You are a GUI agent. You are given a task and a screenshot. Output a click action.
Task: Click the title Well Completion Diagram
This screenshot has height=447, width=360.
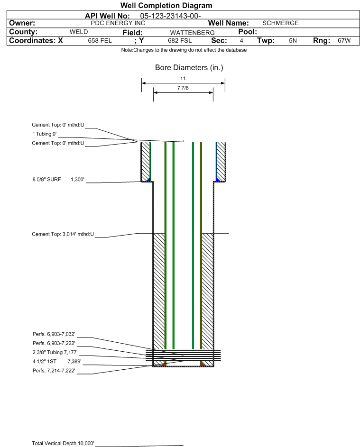[166, 5]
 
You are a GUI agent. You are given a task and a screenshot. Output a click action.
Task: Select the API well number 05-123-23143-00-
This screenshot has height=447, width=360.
[171, 16]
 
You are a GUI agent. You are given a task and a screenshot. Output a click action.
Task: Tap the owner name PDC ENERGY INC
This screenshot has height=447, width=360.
[118, 23]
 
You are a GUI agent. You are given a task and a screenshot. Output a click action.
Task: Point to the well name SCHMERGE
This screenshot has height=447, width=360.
[280, 23]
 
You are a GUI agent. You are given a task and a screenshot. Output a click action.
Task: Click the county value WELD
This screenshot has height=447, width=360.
[79, 32]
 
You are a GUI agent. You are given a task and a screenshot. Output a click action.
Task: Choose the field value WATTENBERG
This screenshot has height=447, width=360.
[192, 33]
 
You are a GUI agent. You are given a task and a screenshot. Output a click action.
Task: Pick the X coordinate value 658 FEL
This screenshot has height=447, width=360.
[100, 40]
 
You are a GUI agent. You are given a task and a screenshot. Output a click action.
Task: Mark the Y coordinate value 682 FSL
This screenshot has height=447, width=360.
[180, 40]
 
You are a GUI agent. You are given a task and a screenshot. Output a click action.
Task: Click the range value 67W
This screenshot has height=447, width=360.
[344, 40]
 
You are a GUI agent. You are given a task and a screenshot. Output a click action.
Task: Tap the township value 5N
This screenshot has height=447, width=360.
[293, 40]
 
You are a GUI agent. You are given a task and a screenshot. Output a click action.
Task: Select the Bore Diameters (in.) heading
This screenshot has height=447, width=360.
[189, 68]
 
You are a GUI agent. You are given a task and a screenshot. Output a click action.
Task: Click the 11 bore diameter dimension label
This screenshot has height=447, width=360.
[183, 78]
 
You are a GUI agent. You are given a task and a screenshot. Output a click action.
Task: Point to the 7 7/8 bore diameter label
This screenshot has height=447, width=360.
[183, 88]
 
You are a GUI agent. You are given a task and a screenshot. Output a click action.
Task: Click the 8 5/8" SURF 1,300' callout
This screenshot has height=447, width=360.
[58, 179]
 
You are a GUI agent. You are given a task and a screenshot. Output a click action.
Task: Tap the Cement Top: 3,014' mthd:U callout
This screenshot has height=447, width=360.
[63, 234]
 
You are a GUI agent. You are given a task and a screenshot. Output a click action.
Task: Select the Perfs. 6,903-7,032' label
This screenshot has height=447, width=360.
[54, 334]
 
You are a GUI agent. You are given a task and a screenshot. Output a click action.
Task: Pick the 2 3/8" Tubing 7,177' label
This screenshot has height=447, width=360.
[55, 352]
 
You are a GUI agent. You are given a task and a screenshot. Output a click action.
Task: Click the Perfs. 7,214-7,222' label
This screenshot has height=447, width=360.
[54, 371]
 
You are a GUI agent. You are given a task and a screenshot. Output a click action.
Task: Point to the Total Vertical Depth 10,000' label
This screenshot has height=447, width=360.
[63, 443]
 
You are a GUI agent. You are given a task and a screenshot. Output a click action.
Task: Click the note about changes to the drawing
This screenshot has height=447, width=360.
[184, 50]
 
